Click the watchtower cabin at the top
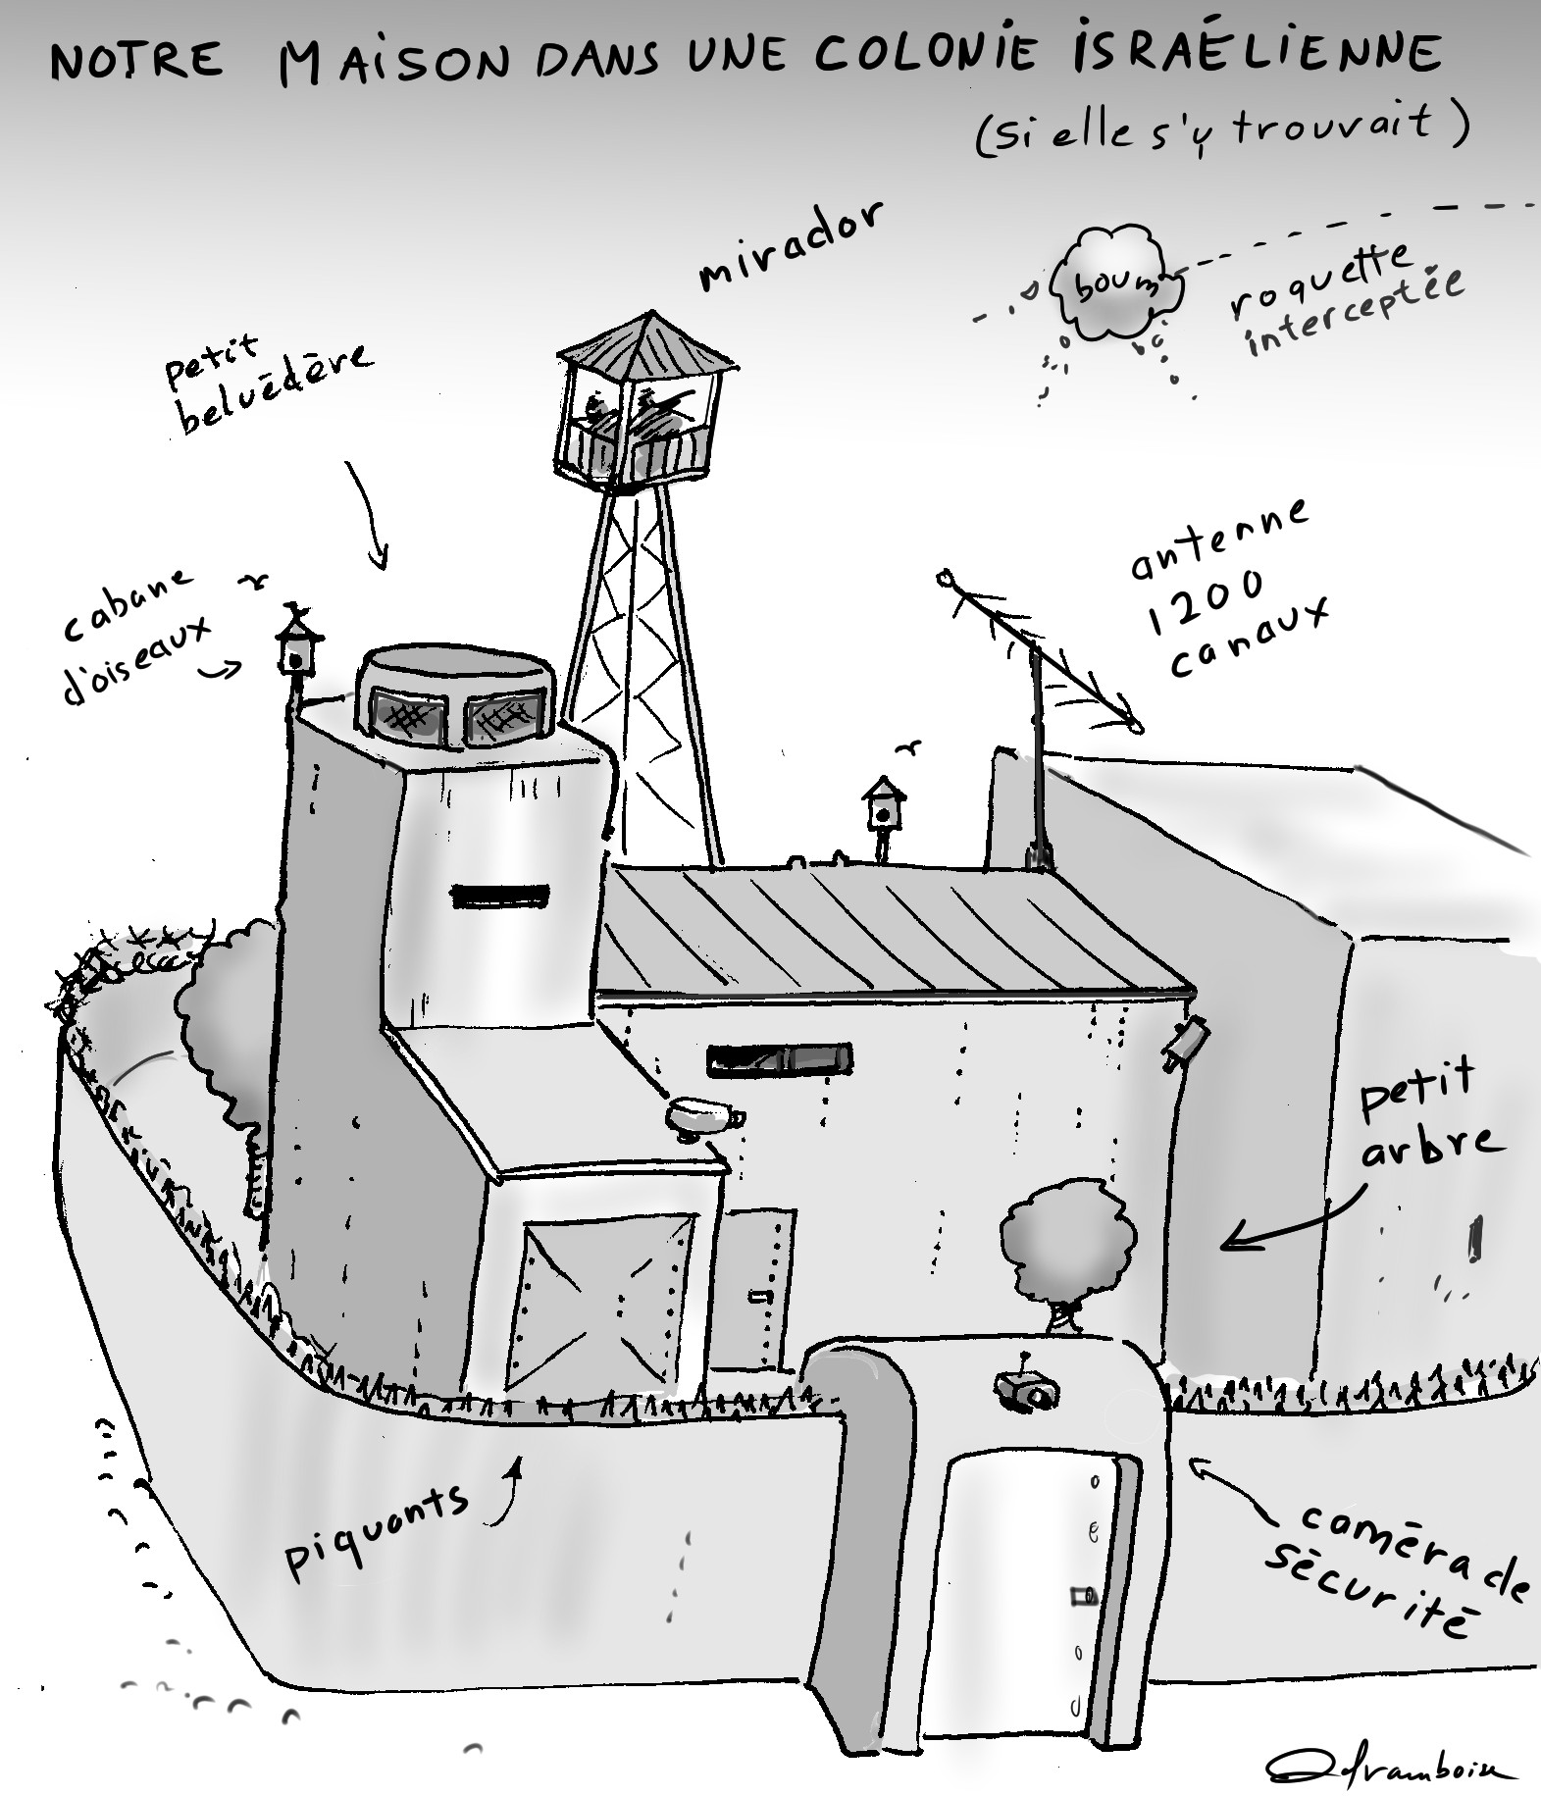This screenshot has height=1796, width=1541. (x=644, y=401)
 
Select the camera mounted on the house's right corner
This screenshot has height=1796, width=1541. (x=1183, y=1043)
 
